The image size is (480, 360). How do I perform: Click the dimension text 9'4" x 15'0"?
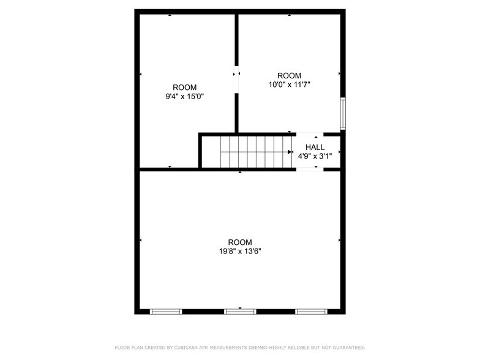[x=184, y=96]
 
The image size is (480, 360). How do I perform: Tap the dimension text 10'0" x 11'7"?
[x=290, y=84]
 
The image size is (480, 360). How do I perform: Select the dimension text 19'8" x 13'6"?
[x=239, y=250]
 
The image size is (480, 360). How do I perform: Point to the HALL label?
[x=315, y=147]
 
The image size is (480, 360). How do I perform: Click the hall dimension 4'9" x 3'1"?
[x=315, y=156]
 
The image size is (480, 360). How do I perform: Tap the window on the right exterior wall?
[x=343, y=113]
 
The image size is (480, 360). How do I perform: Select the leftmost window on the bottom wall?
[x=166, y=312]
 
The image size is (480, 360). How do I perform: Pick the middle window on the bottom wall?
[x=240, y=312]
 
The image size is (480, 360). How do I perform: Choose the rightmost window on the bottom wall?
[x=311, y=312]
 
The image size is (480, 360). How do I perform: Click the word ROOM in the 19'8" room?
[x=239, y=242]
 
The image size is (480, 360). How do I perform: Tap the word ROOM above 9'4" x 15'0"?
[x=184, y=87]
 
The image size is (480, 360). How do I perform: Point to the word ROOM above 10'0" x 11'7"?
[x=290, y=76]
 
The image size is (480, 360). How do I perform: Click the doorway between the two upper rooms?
[x=236, y=80]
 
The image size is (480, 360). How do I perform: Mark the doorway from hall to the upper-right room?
[x=310, y=133]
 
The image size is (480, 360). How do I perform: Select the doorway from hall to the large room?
[x=310, y=170]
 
